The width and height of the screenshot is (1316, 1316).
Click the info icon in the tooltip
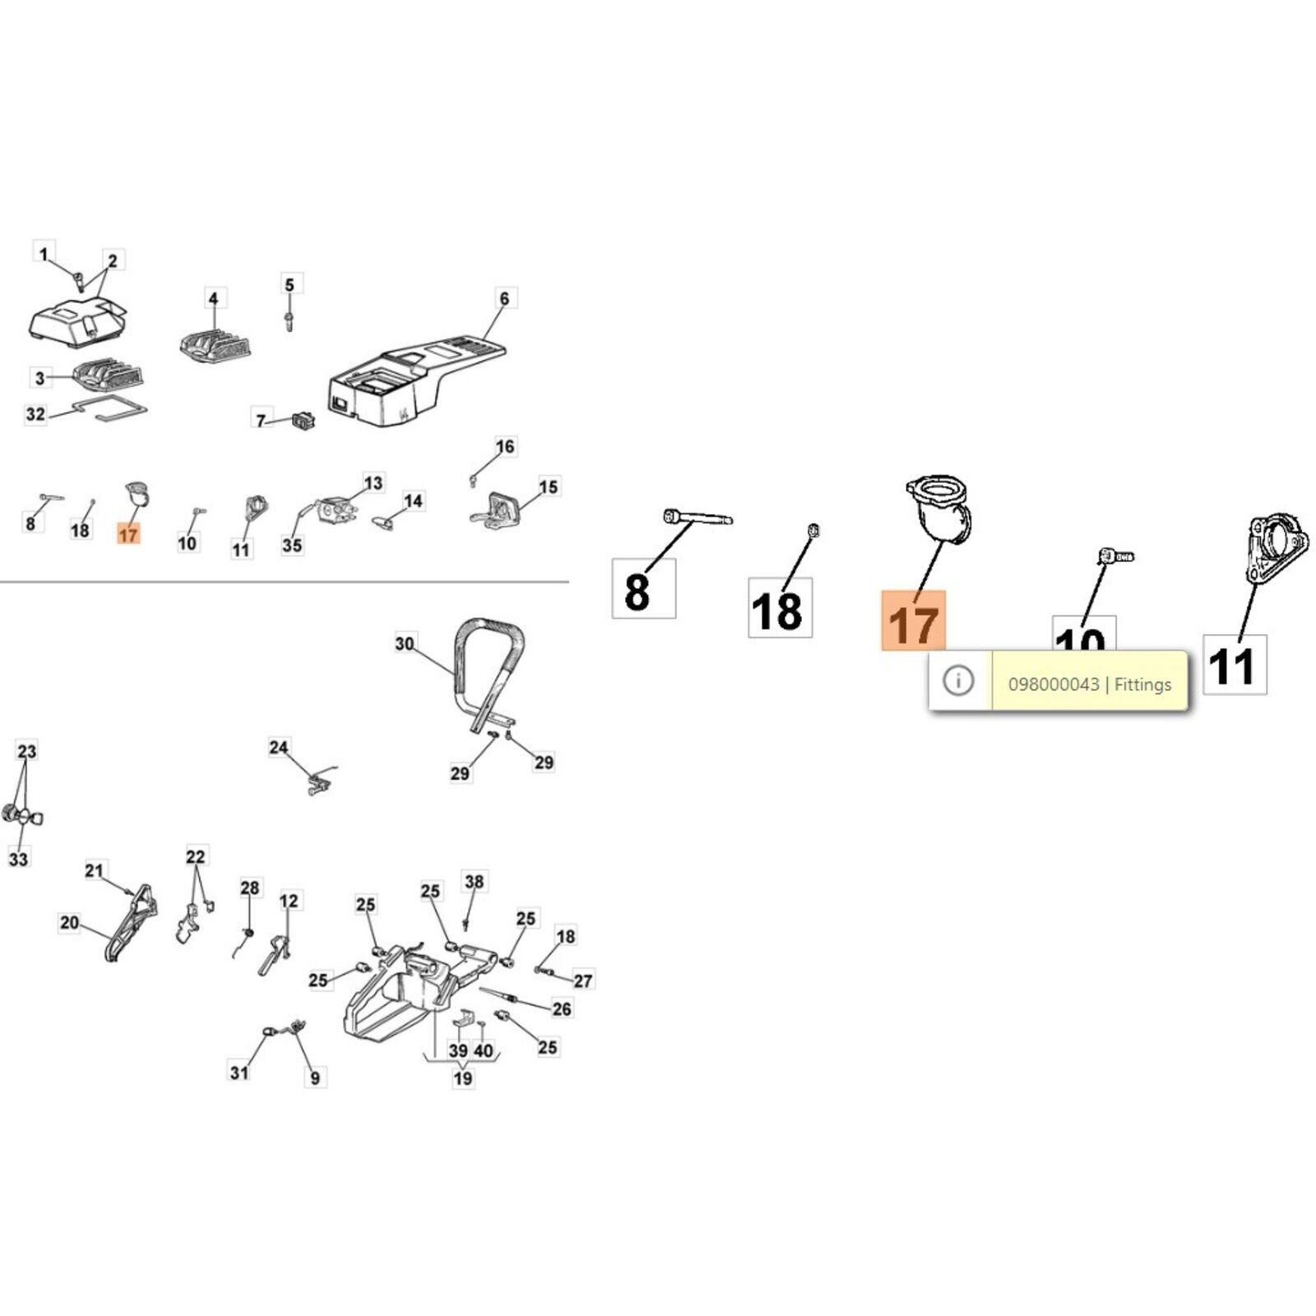[x=958, y=680]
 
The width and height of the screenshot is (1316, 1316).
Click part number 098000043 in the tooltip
[x=1053, y=684]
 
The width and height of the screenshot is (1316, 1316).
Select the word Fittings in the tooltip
[x=1142, y=684]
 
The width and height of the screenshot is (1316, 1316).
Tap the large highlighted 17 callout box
[x=913, y=620]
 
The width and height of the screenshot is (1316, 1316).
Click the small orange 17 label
[x=128, y=535]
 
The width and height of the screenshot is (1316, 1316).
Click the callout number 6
[x=504, y=299]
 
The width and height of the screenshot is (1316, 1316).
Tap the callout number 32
[x=35, y=414]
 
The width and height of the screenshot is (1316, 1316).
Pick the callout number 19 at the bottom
[x=463, y=1077]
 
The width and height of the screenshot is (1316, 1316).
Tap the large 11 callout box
[x=1235, y=665]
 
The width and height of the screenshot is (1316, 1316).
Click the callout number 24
[x=279, y=748]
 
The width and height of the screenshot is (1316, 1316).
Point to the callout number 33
[x=18, y=859]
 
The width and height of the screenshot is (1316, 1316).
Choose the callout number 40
[x=484, y=1050]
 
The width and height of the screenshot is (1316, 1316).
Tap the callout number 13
[x=373, y=483]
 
